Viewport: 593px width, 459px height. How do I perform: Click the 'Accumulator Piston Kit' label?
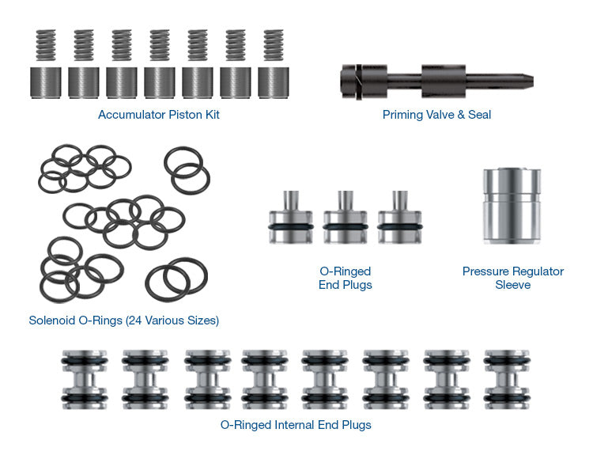(158, 115)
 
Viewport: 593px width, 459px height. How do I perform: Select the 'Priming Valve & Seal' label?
(436, 115)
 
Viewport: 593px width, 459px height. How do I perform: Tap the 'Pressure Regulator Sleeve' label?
(512, 278)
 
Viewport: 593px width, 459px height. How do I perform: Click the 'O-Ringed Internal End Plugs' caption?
(296, 425)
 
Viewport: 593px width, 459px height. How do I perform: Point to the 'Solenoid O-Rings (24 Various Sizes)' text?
(124, 321)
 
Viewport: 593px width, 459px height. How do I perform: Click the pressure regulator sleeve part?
(511, 207)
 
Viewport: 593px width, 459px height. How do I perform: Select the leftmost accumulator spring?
(46, 47)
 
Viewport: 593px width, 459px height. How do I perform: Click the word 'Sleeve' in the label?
(512, 285)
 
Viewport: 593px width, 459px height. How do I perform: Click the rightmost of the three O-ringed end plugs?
(399, 224)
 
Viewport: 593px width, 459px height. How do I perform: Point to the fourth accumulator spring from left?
(160, 47)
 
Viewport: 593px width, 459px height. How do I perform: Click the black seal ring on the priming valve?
(357, 79)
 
